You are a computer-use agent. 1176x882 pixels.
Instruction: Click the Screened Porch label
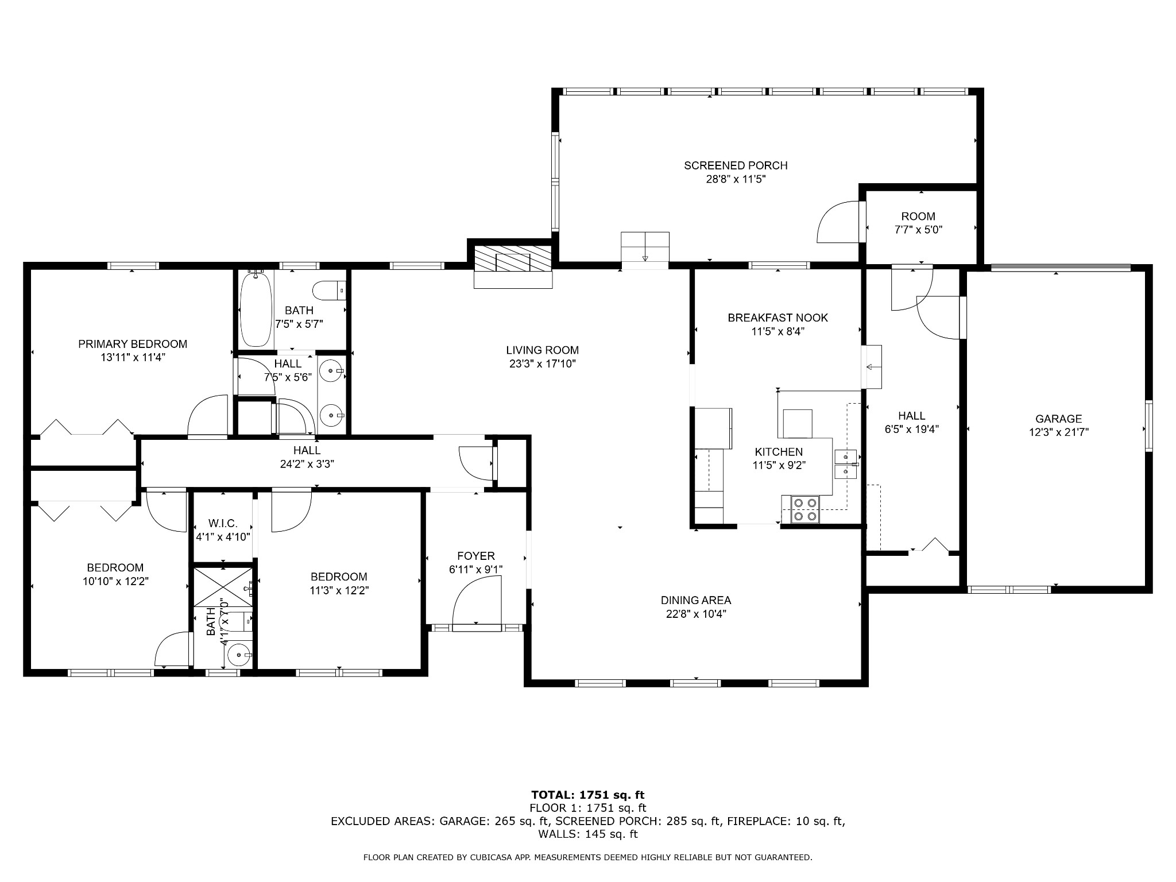click(x=736, y=166)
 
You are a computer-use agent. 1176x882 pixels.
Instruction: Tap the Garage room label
click(x=1058, y=419)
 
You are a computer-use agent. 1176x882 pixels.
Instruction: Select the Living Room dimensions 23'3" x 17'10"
click(x=542, y=363)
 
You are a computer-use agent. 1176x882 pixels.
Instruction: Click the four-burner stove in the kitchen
click(x=805, y=509)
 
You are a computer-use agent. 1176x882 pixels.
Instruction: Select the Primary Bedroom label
click(x=133, y=344)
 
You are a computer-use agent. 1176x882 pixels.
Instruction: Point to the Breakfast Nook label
click(x=777, y=318)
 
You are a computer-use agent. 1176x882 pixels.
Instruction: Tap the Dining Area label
click(x=696, y=601)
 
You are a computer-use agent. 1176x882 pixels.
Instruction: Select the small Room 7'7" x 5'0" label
click(x=918, y=216)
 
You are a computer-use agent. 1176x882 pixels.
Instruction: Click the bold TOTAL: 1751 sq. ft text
click(x=587, y=795)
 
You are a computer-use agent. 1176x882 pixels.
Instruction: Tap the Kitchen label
click(x=779, y=452)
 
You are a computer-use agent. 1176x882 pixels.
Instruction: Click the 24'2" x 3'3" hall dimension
click(x=307, y=464)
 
